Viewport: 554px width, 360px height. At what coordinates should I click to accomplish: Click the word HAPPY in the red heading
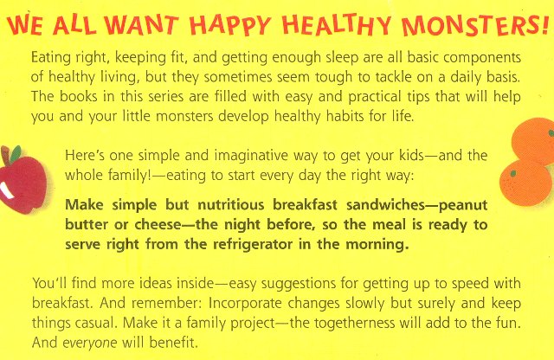[229, 25]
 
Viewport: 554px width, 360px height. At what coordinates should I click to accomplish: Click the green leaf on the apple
[16, 154]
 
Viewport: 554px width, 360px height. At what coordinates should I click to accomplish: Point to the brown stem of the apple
[5, 156]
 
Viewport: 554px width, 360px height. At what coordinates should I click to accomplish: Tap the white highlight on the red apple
[7, 190]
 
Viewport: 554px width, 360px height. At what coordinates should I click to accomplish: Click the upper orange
[533, 140]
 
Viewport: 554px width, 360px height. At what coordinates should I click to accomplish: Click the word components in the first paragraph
[482, 58]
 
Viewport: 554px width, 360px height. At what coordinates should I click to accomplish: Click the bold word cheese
[158, 225]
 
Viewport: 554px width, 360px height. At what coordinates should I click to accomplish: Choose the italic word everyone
[90, 343]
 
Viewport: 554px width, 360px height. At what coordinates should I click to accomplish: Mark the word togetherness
[354, 324]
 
